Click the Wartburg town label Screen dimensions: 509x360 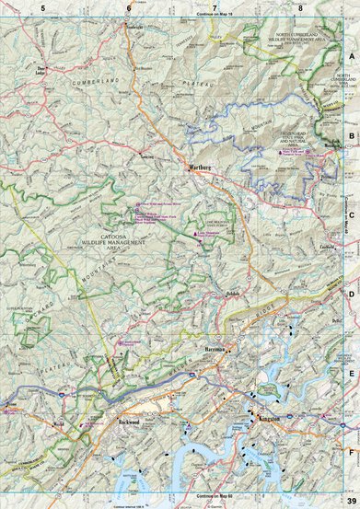[x=200, y=168]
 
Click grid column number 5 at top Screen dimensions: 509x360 [x=41, y=6]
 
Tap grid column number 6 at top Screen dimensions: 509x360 [x=129, y=6]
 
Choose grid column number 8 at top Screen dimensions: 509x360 [x=302, y=6]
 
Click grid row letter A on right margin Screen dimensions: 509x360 [x=351, y=54]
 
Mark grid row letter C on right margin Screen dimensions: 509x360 [x=351, y=216]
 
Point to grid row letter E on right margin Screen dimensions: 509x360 [x=351, y=374]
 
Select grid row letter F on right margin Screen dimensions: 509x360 [x=351, y=452]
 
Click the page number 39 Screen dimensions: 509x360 [x=349, y=501]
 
